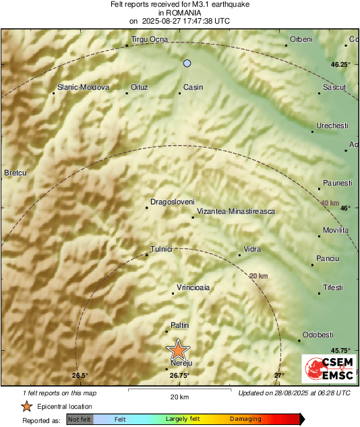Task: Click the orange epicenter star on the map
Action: [x=178, y=349]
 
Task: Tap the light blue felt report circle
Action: [x=187, y=63]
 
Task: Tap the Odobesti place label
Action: [x=318, y=335]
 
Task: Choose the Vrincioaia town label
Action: [x=193, y=287]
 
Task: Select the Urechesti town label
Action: [x=332, y=126]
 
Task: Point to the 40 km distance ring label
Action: [x=330, y=203]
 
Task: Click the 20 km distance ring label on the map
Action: [x=258, y=276]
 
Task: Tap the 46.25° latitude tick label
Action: [x=340, y=65]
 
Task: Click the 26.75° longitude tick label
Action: [x=179, y=376]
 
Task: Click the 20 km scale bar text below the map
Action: [x=179, y=396]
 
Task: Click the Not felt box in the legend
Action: [x=80, y=419]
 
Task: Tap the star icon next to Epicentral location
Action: [x=26, y=406]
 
